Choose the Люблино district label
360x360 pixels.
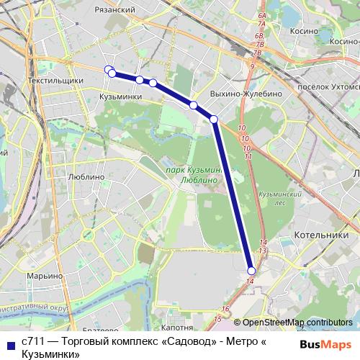tap(85, 176)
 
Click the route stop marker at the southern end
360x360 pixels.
tap(251, 270)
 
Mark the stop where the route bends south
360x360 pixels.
tap(214, 119)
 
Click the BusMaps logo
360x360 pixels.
tap(325, 345)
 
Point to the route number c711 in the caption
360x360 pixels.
tap(32, 341)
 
